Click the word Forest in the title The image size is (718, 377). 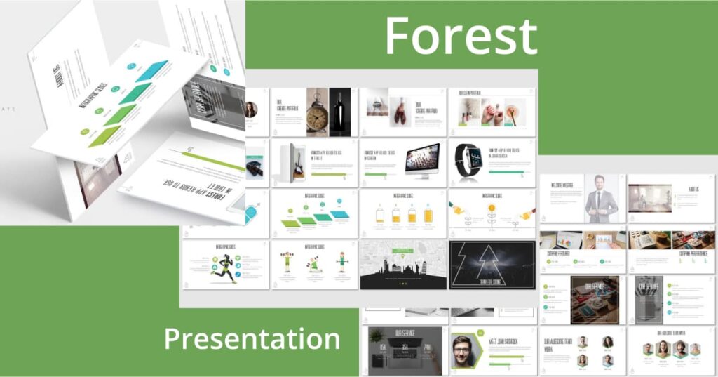[x=461, y=35]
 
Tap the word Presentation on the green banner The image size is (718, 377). [x=252, y=338]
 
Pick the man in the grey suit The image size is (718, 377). [x=602, y=198]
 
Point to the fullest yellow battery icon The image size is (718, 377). [x=428, y=216]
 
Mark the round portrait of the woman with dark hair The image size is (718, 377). [x=251, y=110]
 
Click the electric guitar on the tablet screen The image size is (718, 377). [x=296, y=161]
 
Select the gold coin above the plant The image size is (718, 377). [x=492, y=209]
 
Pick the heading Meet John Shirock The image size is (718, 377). [x=506, y=342]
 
